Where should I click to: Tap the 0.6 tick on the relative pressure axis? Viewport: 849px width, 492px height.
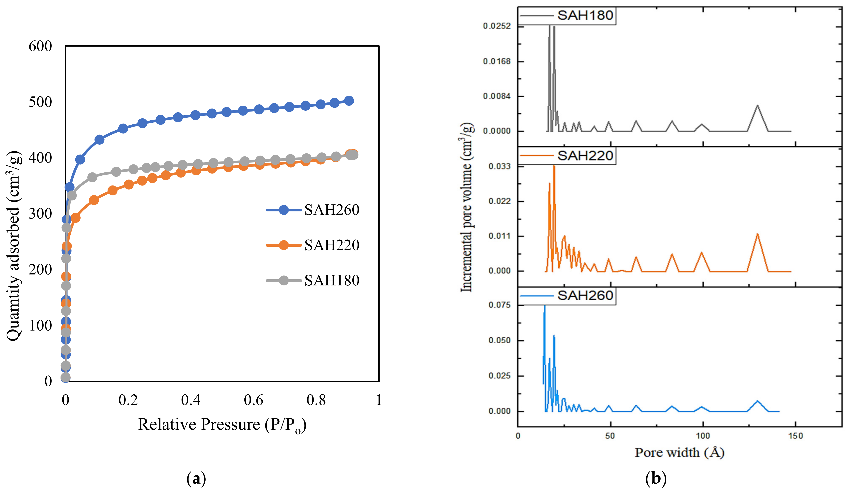253,400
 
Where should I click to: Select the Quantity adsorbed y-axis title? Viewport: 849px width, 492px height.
14,246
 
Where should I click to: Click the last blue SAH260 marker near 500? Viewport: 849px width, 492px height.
349,101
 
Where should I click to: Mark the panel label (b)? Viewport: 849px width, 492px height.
656,479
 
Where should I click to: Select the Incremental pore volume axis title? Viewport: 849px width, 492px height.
467,207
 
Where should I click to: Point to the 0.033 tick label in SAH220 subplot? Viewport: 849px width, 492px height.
499,166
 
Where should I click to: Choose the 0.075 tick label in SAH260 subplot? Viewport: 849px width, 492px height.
499,305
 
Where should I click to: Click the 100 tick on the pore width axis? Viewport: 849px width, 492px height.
703,436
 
